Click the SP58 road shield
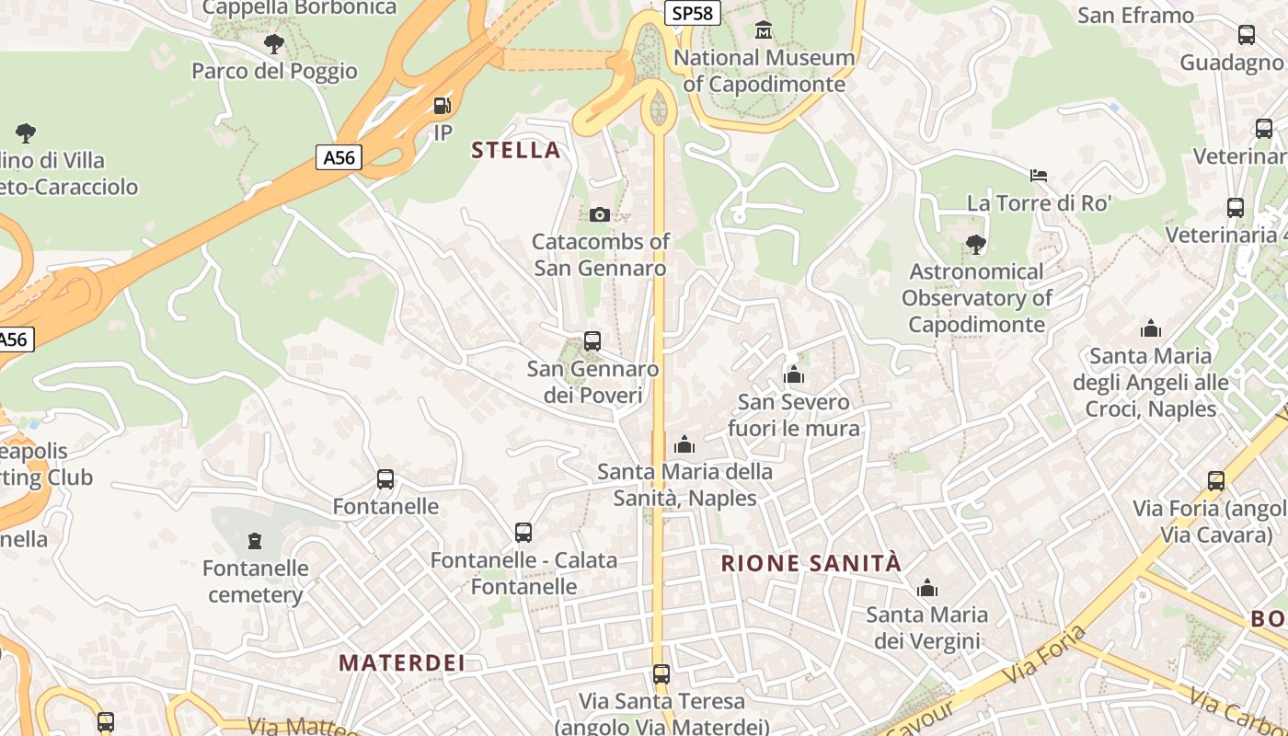pyautogui.click(x=692, y=12)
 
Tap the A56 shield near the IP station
pyautogui.click(x=339, y=157)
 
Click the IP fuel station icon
pyautogui.click(x=443, y=106)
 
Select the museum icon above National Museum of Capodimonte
pyautogui.click(x=763, y=31)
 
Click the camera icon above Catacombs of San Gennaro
pyautogui.click(x=599, y=214)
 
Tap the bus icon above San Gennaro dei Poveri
pyautogui.click(x=592, y=341)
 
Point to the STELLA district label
pyautogui.click(x=515, y=150)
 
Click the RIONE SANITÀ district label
pyautogui.click(x=811, y=564)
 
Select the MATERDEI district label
pyautogui.click(x=402, y=662)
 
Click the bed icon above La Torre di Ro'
pyautogui.click(x=1039, y=175)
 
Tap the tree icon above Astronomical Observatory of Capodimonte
pyautogui.click(x=976, y=244)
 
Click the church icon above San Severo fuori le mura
pyautogui.click(x=793, y=374)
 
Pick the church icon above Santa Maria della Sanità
pyautogui.click(x=684, y=445)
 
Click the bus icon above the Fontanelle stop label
pyautogui.click(x=385, y=479)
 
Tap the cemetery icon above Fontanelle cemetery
pyautogui.click(x=255, y=540)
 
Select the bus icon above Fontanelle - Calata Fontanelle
pyautogui.click(x=523, y=533)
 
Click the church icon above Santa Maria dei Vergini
pyautogui.click(x=926, y=587)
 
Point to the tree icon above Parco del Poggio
pyautogui.click(x=273, y=43)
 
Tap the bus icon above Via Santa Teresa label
pyautogui.click(x=661, y=674)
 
